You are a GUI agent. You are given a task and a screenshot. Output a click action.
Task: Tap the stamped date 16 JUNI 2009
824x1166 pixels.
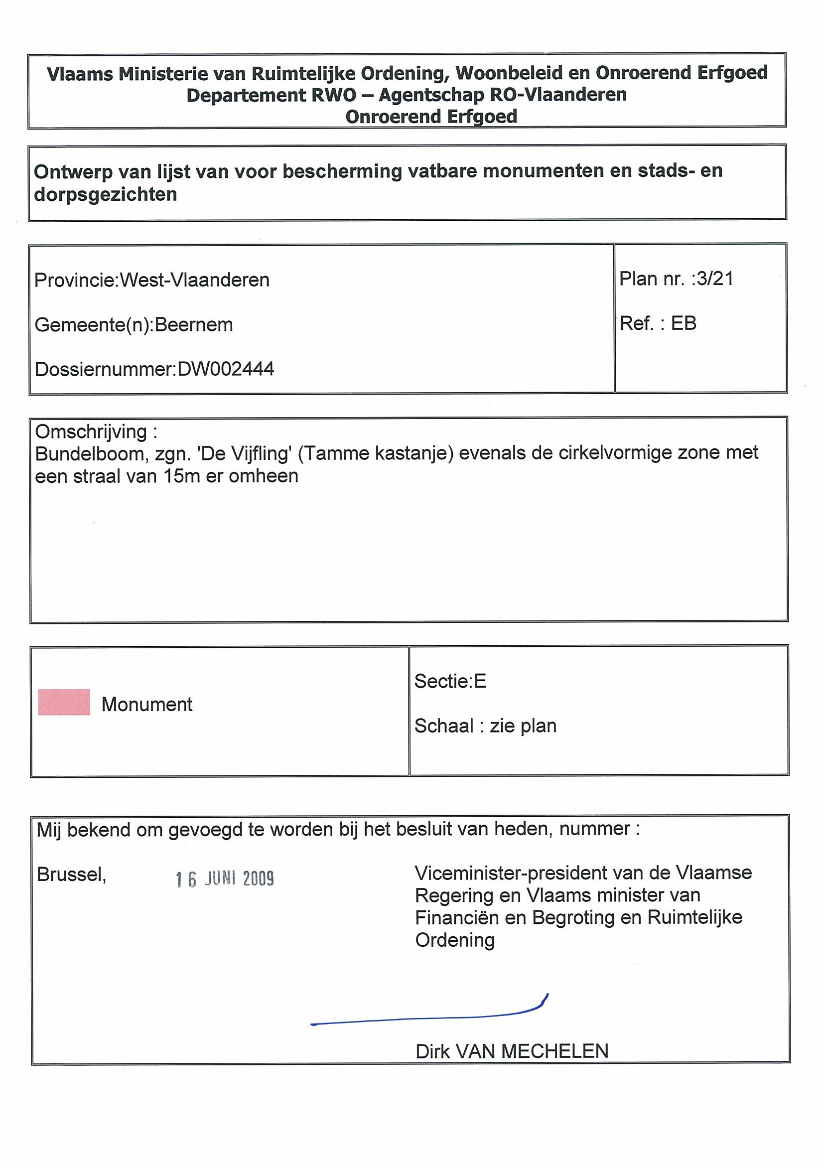(224, 878)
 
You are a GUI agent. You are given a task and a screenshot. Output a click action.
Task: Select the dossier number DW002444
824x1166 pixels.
(225, 369)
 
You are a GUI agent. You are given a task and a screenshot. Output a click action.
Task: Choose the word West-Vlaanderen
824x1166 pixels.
(194, 281)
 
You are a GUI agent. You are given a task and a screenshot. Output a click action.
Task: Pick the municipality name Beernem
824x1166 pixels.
(193, 325)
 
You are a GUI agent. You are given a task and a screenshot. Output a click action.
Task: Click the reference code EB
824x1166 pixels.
(684, 323)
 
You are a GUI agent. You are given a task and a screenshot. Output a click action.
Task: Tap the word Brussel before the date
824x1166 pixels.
(71, 874)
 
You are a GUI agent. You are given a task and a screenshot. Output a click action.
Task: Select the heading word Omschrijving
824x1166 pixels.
(91, 432)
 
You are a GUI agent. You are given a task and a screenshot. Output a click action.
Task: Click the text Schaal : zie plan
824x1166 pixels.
(485, 726)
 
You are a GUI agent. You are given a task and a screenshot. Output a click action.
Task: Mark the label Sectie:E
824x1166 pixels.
(450, 681)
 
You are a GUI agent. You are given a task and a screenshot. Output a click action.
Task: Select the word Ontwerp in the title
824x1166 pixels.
(73, 171)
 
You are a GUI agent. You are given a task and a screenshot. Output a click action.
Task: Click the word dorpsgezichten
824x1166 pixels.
(106, 194)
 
